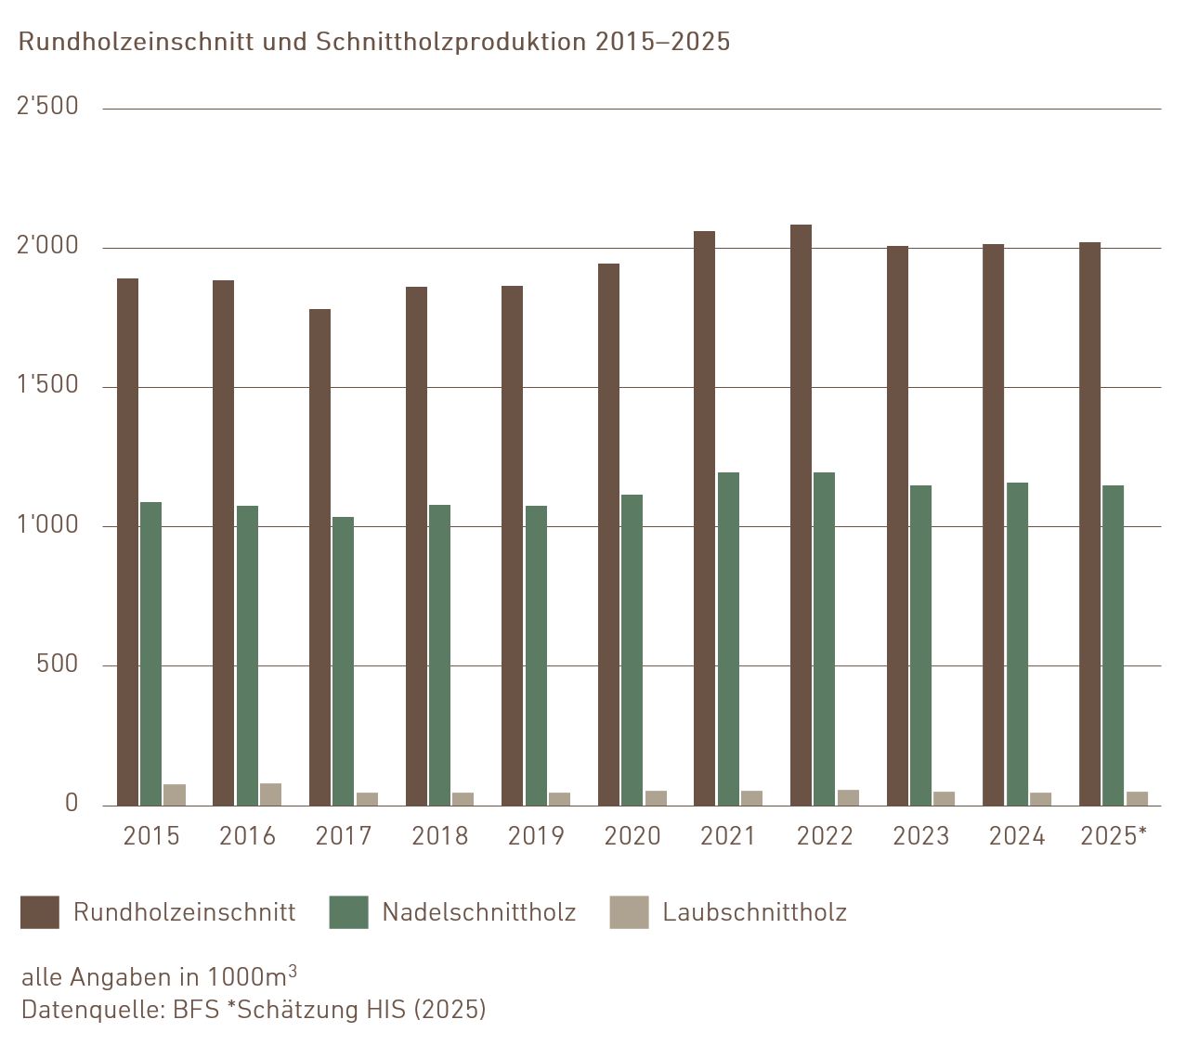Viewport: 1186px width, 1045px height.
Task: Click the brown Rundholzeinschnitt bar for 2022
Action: point(801,515)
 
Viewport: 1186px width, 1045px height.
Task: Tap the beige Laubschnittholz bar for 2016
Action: point(270,794)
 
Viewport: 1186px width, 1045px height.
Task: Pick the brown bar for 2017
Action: point(319,557)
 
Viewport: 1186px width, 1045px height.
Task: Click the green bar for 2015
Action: point(150,653)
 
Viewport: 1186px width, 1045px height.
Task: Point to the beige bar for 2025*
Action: point(1137,798)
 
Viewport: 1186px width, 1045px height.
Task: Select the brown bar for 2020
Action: point(608,534)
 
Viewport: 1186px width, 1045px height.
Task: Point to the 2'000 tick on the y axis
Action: point(48,246)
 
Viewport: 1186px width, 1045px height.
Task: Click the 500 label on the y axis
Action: point(58,664)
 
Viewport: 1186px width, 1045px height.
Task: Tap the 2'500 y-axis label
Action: point(48,107)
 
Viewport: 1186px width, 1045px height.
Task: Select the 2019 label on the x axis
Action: point(536,836)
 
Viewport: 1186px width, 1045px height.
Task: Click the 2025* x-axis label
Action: point(1114,836)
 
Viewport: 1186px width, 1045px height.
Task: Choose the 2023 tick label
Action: point(920,836)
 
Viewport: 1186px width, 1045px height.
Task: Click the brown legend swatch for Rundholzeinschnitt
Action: point(40,912)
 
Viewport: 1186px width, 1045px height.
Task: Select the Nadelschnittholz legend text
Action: point(478,912)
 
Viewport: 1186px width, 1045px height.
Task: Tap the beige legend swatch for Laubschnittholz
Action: point(629,912)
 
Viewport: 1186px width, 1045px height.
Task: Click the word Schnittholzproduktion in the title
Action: point(450,42)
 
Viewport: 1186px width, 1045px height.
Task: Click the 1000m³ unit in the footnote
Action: point(252,976)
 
